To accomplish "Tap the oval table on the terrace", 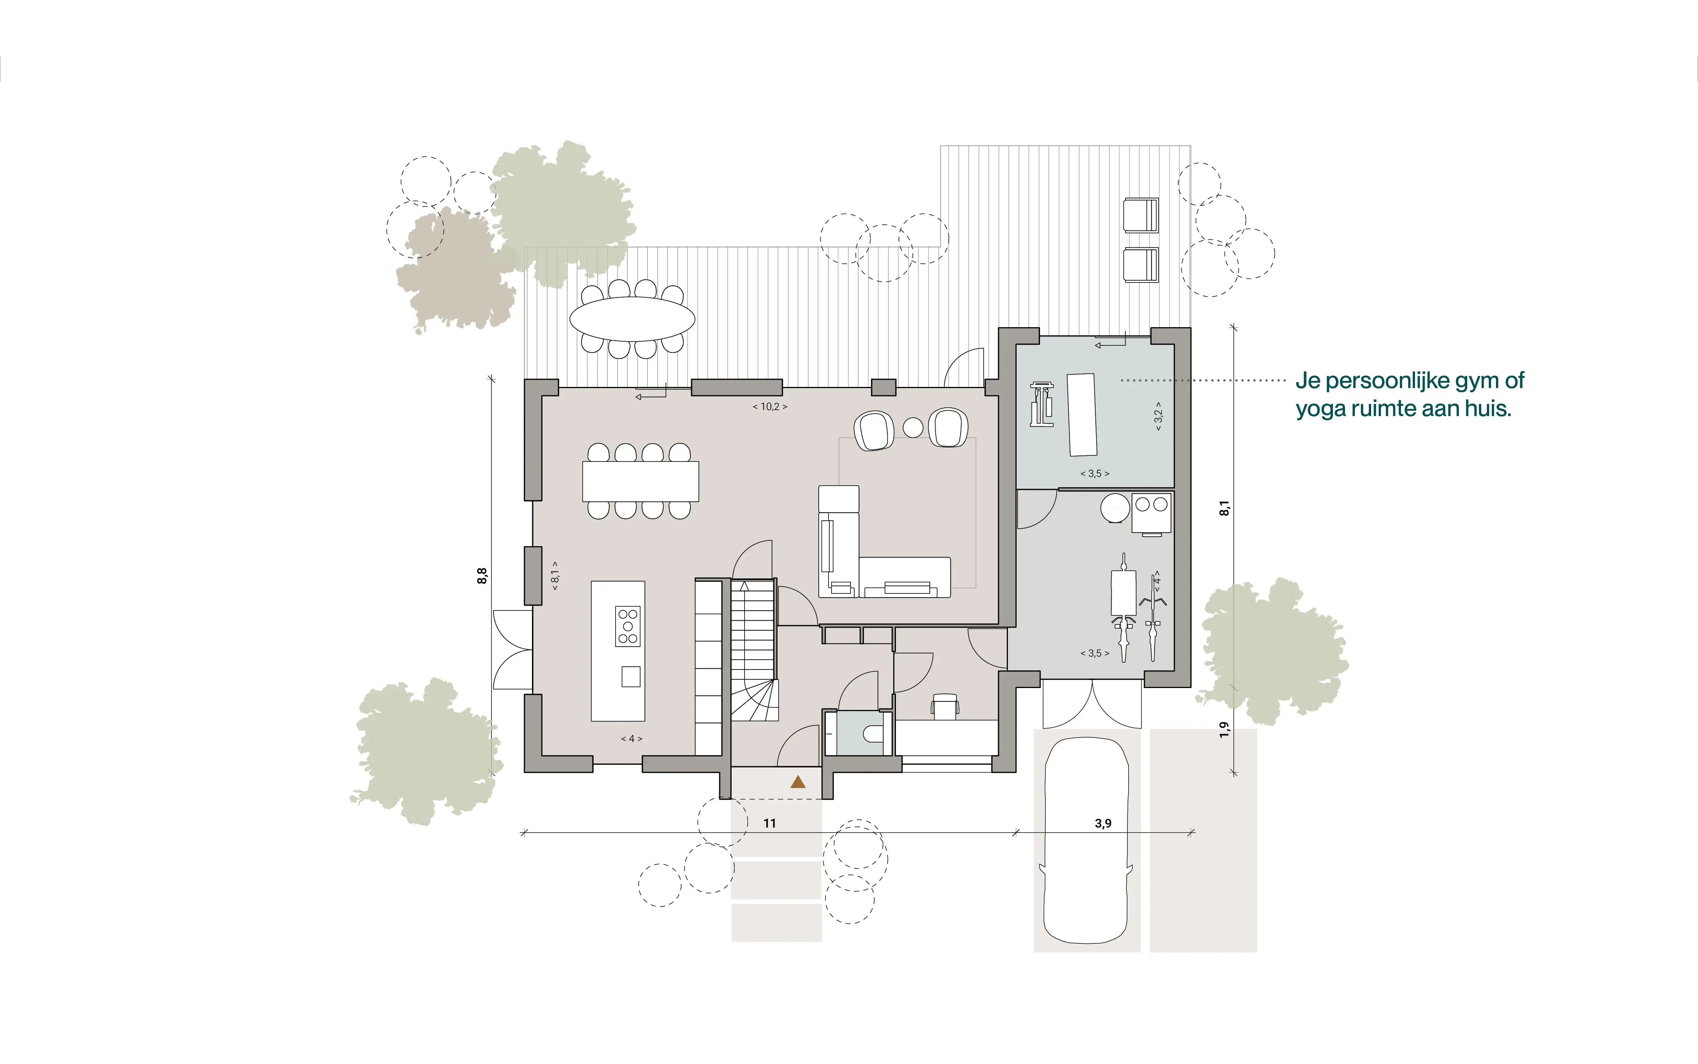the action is pyautogui.click(x=632, y=319).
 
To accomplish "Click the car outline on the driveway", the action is pyautogui.click(x=1087, y=840).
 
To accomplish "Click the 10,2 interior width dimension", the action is pyautogui.click(x=770, y=407).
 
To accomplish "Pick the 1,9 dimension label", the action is pyautogui.click(x=1224, y=730).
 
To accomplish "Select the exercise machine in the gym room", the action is pyautogui.click(x=1042, y=405).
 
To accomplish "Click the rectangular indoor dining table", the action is pyautogui.click(x=641, y=482).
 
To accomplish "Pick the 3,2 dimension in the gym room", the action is pyautogui.click(x=1158, y=416).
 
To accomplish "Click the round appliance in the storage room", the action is pyautogui.click(x=1115, y=507).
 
